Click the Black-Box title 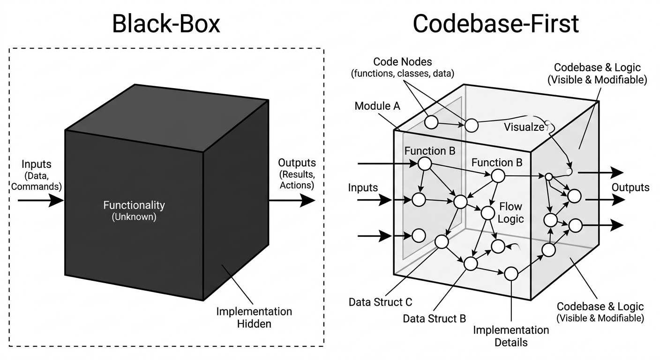tap(166, 23)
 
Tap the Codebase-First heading tap(495, 23)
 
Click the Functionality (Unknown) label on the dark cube tap(134, 210)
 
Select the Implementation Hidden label tap(254, 317)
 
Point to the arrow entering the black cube tap(40, 201)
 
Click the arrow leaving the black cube tap(291, 200)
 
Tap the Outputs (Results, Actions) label tap(297, 173)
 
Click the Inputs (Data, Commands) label tap(37, 175)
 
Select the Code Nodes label tap(402, 67)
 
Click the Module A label tap(377, 106)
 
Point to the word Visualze tap(525, 127)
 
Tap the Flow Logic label tap(510, 212)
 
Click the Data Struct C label tap(380, 302)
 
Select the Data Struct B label tap(435, 319)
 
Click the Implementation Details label tap(511, 336)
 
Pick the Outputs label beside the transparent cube tap(630, 187)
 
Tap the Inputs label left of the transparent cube tap(363, 187)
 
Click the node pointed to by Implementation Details tap(510, 273)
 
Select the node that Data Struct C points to tap(442, 242)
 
